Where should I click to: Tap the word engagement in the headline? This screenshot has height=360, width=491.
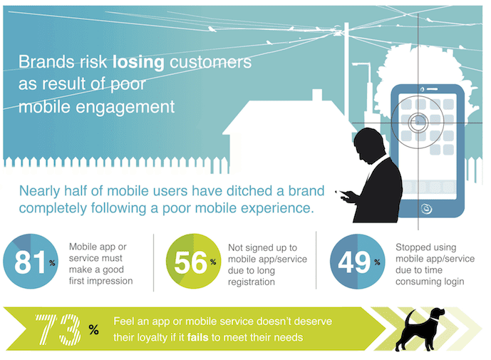point(135,108)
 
